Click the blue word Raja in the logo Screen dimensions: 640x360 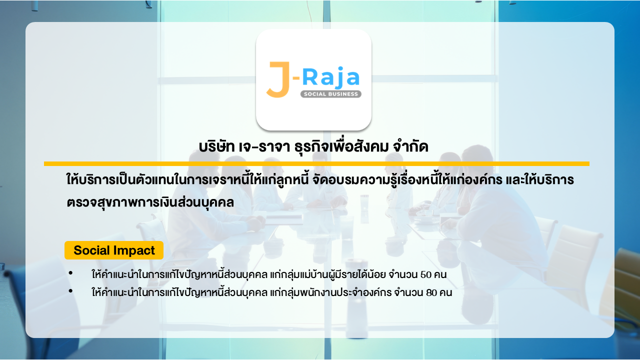[331, 76]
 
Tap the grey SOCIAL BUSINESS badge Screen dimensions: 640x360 [331, 94]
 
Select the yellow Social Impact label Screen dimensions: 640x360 [114, 250]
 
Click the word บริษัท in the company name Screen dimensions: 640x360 [216, 147]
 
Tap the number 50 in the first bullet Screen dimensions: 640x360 [426, 275]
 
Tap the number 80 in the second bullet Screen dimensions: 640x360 [431, 293]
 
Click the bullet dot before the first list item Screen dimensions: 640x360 [70, 273]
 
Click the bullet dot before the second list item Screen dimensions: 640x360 [70, 291]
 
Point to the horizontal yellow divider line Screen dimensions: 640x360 [316, 163]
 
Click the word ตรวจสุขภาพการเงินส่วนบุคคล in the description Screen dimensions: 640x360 [150, 202]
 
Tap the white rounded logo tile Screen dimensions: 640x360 [313, 79]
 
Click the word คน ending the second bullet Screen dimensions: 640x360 [445, 293]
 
